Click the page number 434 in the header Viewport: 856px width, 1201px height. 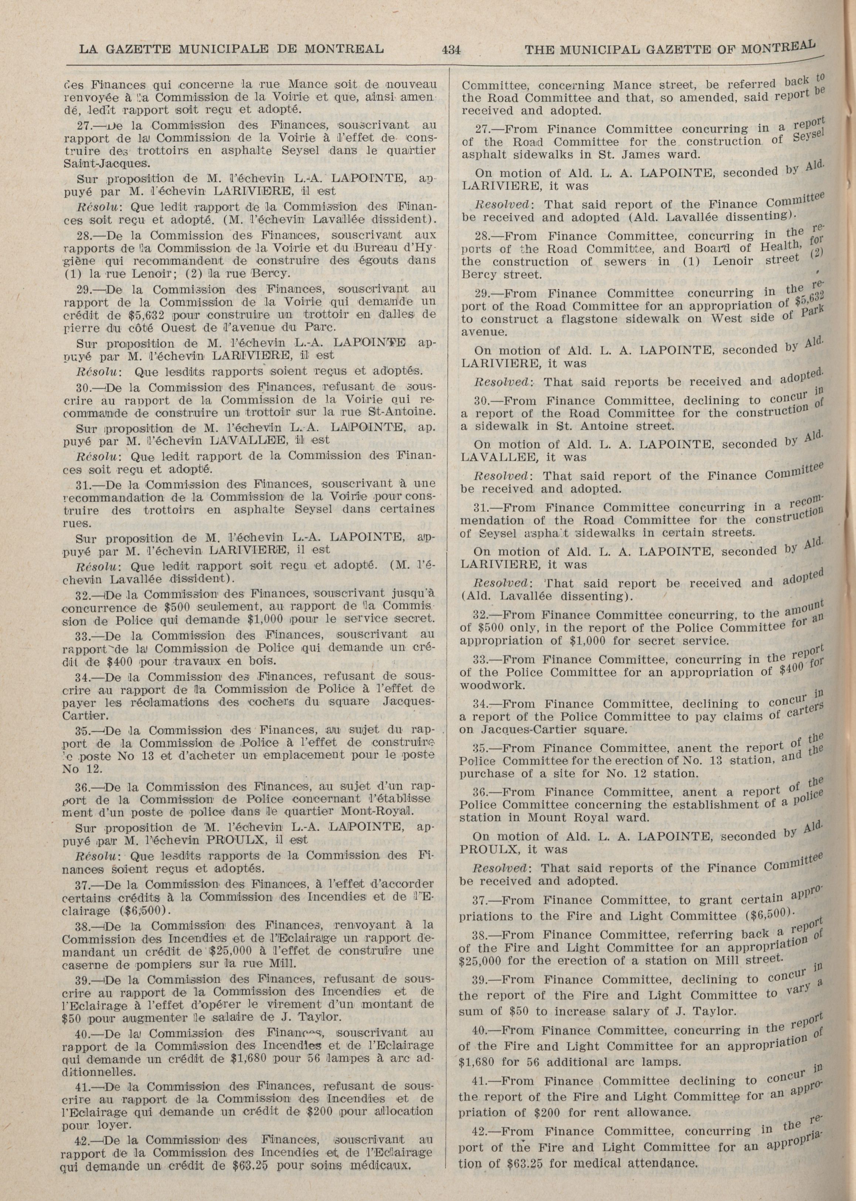[452, 50]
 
